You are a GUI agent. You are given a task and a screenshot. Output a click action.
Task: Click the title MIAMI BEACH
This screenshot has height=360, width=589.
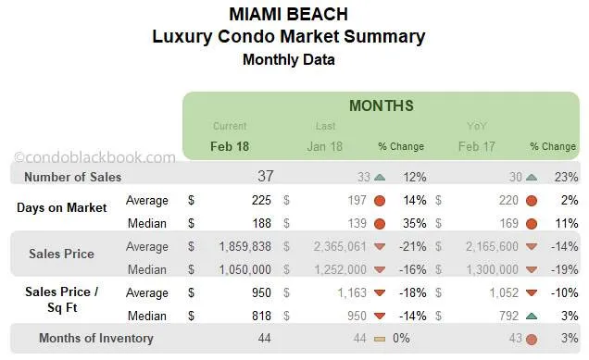click(288, 14)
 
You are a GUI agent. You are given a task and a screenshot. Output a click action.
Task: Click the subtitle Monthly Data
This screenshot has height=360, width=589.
click(288, 59)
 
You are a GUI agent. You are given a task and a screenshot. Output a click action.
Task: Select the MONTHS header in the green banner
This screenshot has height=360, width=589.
click(381, 106)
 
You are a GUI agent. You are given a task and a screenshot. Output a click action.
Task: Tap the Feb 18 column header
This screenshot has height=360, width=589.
click(230, 146)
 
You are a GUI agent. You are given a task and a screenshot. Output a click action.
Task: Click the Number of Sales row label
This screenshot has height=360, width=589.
click(72, 177)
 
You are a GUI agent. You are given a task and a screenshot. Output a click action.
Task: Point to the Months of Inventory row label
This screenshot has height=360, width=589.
click(96, 338)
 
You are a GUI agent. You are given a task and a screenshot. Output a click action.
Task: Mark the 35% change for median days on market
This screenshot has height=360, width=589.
click(412, 223)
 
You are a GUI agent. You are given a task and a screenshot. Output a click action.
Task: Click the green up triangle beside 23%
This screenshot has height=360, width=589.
click(532, 177)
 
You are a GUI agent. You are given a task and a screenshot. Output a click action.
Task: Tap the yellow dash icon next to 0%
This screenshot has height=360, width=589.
click(381, 339)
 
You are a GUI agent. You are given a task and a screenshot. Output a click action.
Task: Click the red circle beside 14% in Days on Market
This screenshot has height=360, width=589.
click(381, 200)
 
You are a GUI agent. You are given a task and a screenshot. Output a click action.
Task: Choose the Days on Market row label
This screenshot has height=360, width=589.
click(60, 207)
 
